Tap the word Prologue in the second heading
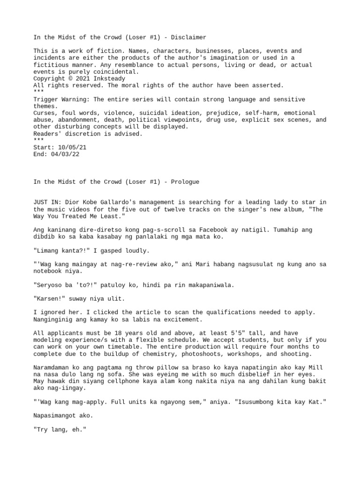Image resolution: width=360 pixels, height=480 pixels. pos(184,182)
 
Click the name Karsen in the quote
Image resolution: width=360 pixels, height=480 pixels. pos(49,299)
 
